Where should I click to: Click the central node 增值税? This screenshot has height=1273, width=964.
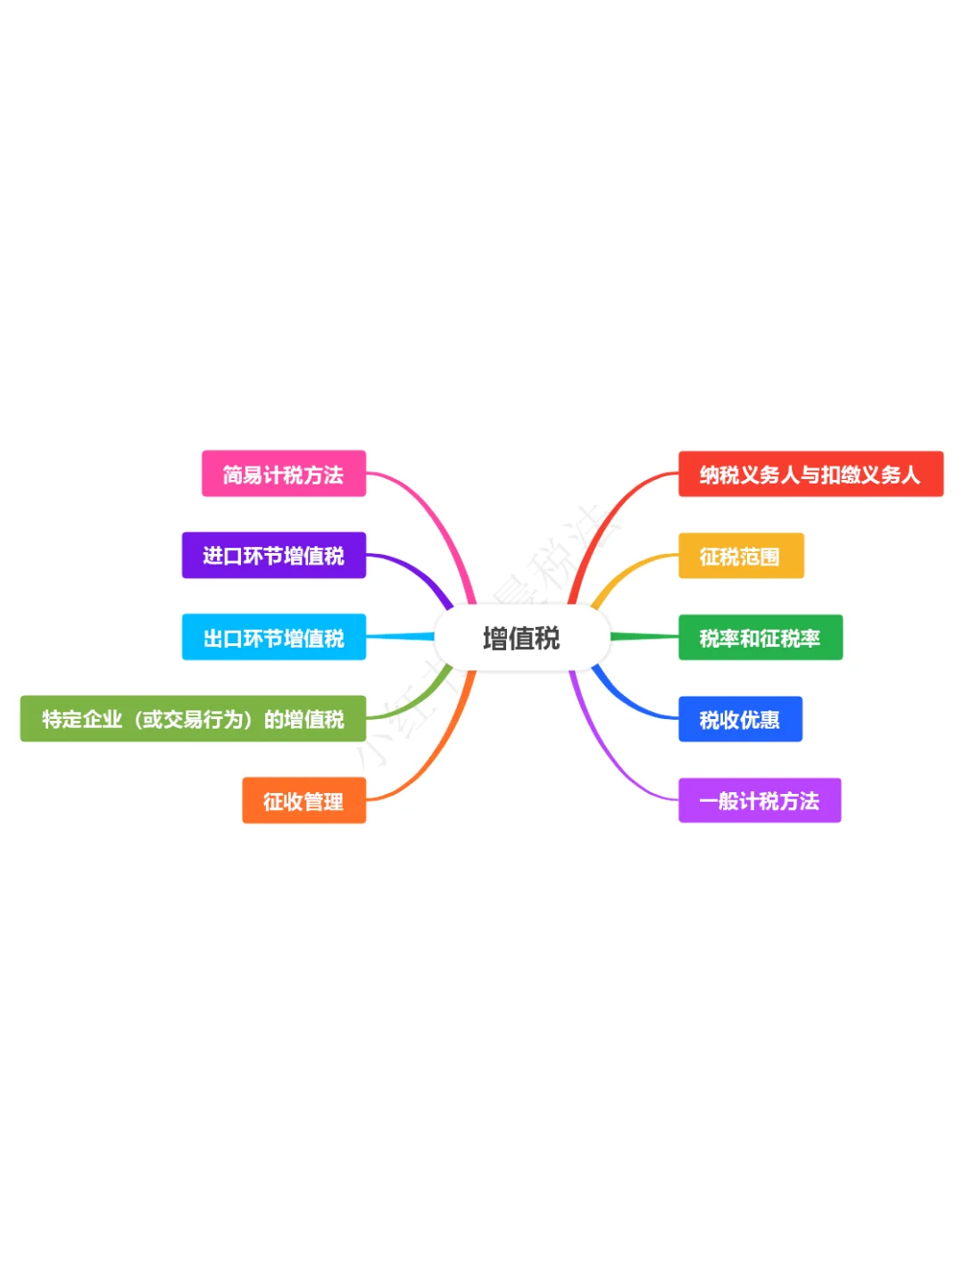(521, 638)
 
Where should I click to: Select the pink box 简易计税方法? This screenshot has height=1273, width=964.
(283, 474)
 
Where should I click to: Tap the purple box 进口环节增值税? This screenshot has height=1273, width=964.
(273, 555)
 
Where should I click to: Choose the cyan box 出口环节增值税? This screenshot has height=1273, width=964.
(273, 637)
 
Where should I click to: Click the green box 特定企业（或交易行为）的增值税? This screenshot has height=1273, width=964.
(193, 718)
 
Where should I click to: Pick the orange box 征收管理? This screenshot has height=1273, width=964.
(303, 800)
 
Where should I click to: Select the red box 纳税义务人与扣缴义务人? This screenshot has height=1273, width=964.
(810, 474)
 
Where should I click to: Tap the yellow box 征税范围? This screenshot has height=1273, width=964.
(740, 556)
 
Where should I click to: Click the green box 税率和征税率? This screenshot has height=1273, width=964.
(760, 637)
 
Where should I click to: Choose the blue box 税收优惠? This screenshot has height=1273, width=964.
(739, 719)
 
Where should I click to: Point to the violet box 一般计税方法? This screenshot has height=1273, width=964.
(759, 800)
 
